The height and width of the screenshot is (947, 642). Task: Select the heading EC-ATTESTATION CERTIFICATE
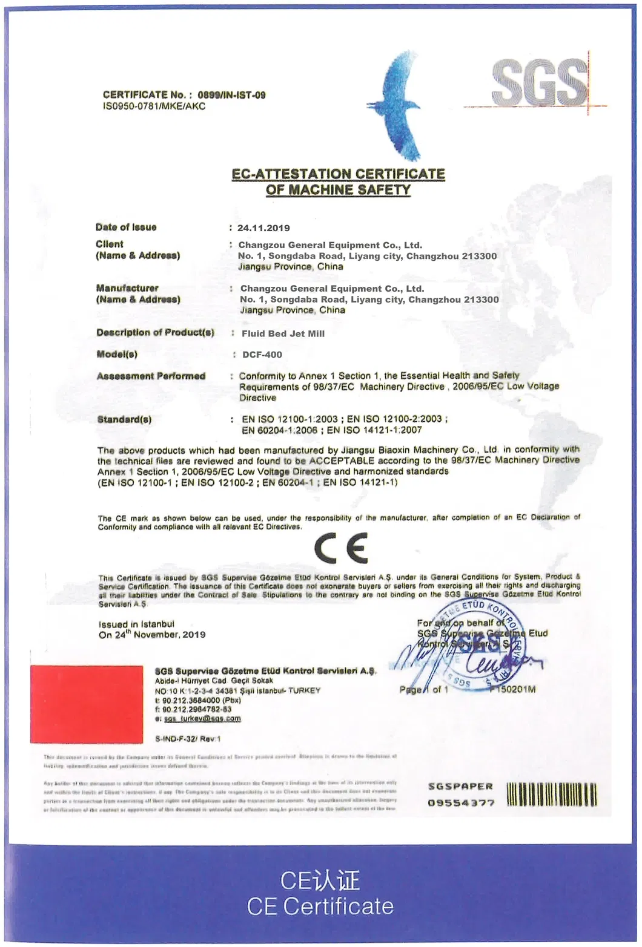(339, 174)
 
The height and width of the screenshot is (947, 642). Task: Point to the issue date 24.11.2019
(263, 228)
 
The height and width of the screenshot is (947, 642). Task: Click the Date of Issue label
(126, 228)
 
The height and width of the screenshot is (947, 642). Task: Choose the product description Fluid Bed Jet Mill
(283, 333)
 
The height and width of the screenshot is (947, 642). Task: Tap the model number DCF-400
(262, 355)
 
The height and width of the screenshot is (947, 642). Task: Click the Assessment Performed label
(151, 376)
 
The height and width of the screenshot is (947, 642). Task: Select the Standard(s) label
(124, 419)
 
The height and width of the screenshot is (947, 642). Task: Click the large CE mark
(341, 548)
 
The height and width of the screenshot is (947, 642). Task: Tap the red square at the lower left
(87, 704)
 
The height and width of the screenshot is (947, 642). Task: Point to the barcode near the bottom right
(551, 795)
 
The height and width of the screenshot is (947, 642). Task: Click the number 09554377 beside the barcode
(461, 803)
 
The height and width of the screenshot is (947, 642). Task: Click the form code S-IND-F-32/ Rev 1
(188, 739)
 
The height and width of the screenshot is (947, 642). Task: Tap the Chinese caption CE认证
(320, 880)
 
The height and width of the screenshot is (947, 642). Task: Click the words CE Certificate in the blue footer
(320, 906)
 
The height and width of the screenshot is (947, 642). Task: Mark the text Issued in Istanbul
(136, 624)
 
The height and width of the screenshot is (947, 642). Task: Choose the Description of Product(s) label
(155, 333)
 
